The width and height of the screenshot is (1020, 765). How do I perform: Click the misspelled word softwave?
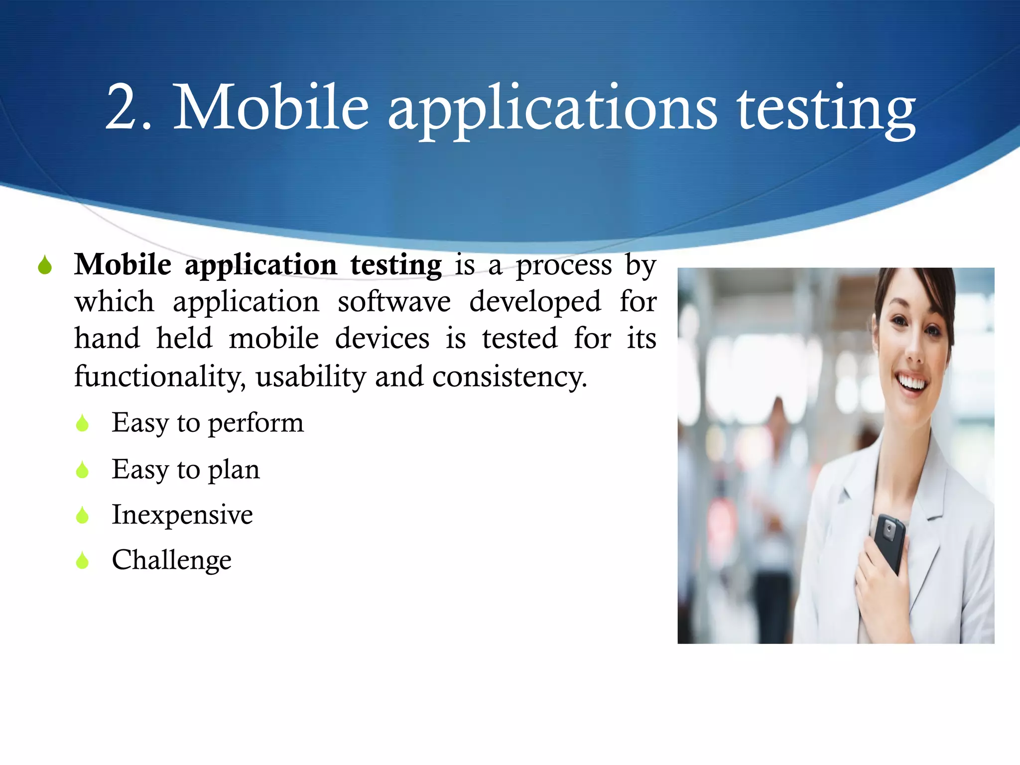pyautogui.click(x=394, y=301)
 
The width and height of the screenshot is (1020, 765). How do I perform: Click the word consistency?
pyautogui.click(x=510, y=377)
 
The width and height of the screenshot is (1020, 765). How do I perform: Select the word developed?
pyautogui.click(x=535, y=302)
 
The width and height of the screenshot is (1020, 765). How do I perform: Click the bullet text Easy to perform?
pyautogui.click(x=207, y=423)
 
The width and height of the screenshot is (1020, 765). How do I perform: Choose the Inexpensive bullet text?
pyautogui.click(x=182, y=514)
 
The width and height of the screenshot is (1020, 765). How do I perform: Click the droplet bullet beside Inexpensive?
pyautogui.click(x=82, y=515)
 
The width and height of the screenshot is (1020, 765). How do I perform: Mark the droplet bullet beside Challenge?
pyautogui.click(x=82, y=561)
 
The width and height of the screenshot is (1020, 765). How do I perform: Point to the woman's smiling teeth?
pyautogui.click(x=912, y=382)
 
